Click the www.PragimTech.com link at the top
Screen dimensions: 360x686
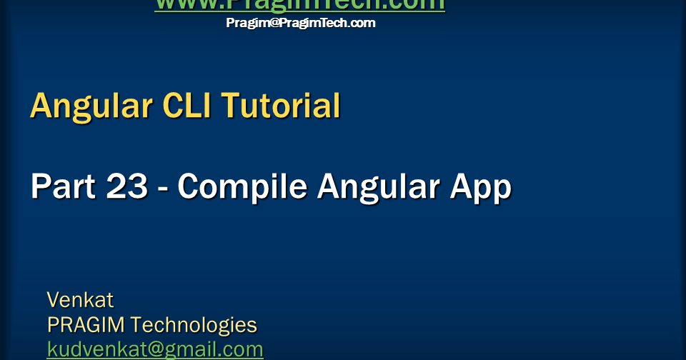(299, 5)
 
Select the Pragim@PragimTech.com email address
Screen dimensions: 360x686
(300, 23)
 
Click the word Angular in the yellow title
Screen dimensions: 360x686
(91, 106)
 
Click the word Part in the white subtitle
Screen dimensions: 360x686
(63, 187)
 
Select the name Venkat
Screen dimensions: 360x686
(80, 299)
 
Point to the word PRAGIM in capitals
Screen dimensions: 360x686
(86, 325)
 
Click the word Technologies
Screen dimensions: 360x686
(194, 325)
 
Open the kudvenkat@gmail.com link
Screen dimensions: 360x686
(155, 349)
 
